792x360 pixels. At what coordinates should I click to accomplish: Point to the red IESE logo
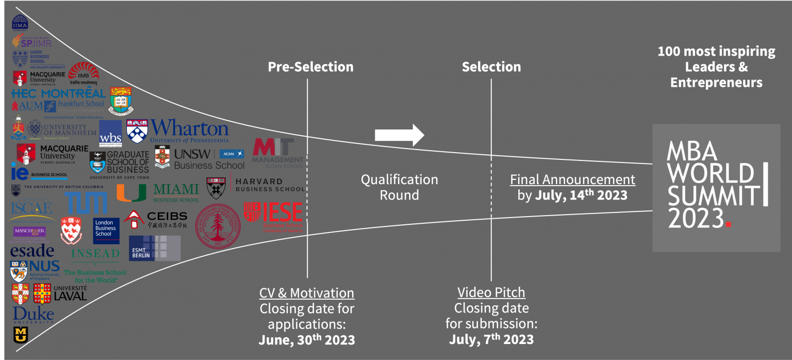273,217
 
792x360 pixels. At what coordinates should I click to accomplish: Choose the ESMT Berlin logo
154,248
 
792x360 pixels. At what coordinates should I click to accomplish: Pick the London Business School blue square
106,230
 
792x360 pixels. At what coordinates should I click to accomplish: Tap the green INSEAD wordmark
95,254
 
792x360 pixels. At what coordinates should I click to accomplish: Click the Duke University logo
33,315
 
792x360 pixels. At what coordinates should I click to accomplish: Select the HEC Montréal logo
58,93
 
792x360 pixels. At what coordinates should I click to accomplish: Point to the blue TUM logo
86,203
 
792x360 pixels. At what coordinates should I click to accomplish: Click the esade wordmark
32,251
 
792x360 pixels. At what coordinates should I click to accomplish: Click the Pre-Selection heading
310,67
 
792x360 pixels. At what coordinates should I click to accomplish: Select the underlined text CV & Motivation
307,293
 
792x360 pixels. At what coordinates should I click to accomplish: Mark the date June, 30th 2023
307,340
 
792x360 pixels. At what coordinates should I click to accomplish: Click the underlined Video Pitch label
491,292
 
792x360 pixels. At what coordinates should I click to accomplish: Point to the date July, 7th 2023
491,339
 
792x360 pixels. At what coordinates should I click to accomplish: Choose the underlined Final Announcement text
572,179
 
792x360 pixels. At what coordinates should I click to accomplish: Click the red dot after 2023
728,224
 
